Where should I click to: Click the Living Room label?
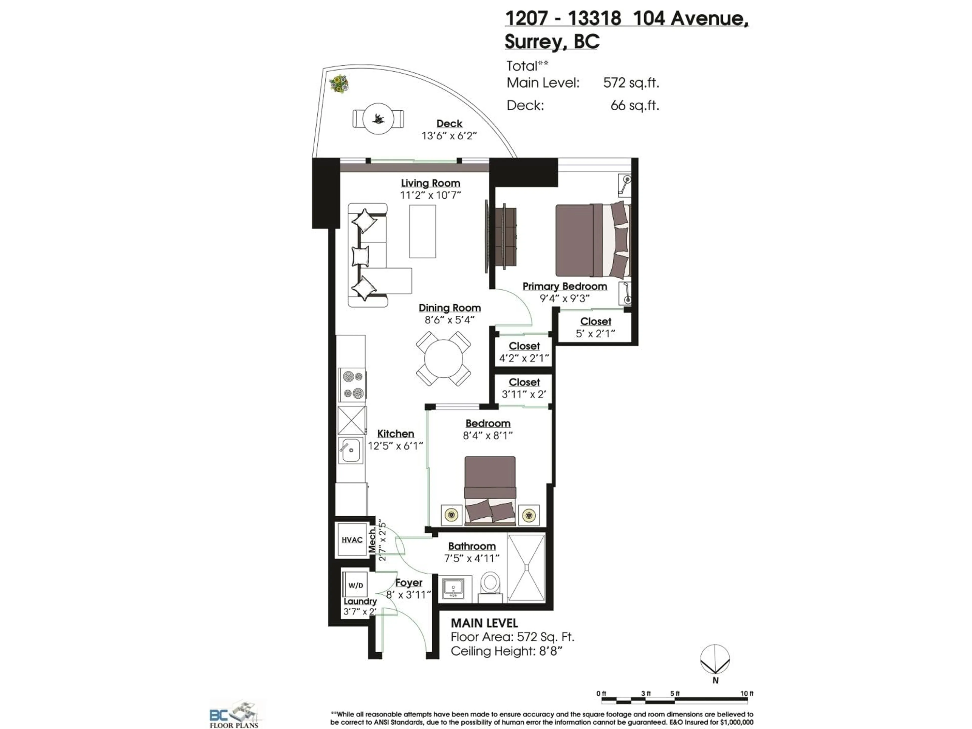[430, 183]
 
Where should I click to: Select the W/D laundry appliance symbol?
[355, 585]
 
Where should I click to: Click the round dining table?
[443, 359]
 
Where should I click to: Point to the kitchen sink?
[351, 450]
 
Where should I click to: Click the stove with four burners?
[352, 384]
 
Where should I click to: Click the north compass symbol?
[715, 659]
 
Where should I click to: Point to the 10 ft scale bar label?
[746, 693]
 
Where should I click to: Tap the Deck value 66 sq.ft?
[635, 106]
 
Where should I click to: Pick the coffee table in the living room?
[422, 231]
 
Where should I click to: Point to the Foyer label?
[409, 583]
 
